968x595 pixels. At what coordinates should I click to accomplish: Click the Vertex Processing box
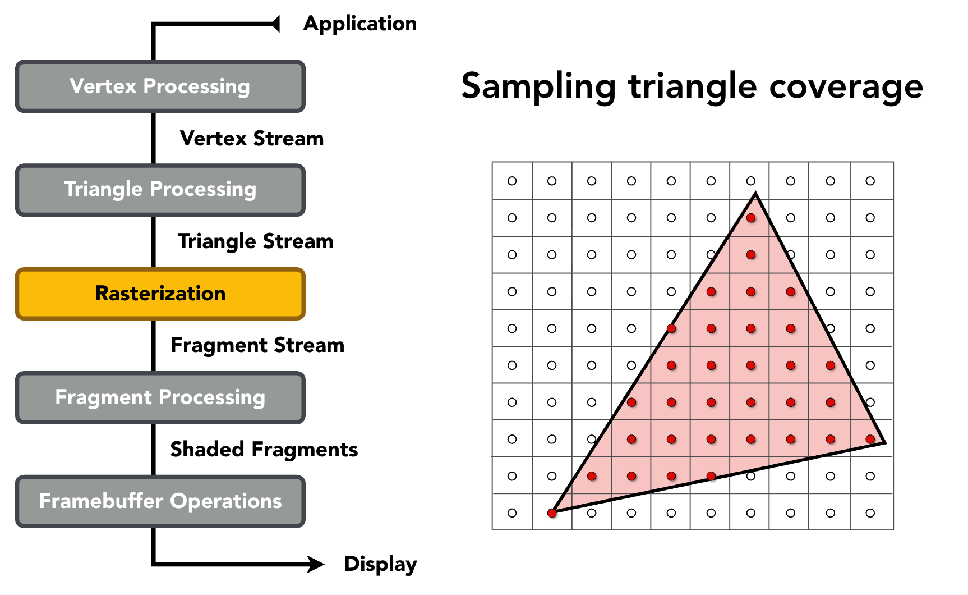(x=160, y=86)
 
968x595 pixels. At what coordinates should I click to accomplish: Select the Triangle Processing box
(x=160, y=190)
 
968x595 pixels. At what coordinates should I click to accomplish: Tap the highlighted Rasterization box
(x=160, y=294)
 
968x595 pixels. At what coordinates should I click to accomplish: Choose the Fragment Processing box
(x=160, y=397)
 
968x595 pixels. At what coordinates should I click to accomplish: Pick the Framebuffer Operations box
(x=160, y=501)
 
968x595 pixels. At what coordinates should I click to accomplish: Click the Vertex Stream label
(x=252, y=139)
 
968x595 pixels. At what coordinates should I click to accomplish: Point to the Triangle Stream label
(x=256, y=241)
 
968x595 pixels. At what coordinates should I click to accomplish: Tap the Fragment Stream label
(x=257, y=345)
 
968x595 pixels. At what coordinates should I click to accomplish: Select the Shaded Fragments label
(x=264, y=450)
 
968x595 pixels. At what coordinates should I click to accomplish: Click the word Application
(x=360, y=24)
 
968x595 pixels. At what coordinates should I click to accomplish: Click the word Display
(x=380, y=564)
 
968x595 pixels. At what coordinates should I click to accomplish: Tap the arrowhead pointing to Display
(x=315, y=564)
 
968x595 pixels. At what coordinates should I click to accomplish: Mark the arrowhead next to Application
(x=275, y=24)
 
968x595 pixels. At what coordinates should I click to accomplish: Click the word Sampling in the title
(x=538, y=87)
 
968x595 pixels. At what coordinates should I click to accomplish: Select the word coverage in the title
(x=846, y=87)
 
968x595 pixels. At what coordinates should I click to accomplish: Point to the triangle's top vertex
(x=755, y=194)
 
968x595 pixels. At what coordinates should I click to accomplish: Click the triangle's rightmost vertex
(x=884, y=443)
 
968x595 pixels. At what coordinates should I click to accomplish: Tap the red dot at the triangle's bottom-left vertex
(x=552, y=512)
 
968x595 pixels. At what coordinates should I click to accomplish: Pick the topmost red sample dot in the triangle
(x=751, y=218)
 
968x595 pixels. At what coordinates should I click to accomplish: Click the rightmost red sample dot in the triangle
(x=870, y=439)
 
